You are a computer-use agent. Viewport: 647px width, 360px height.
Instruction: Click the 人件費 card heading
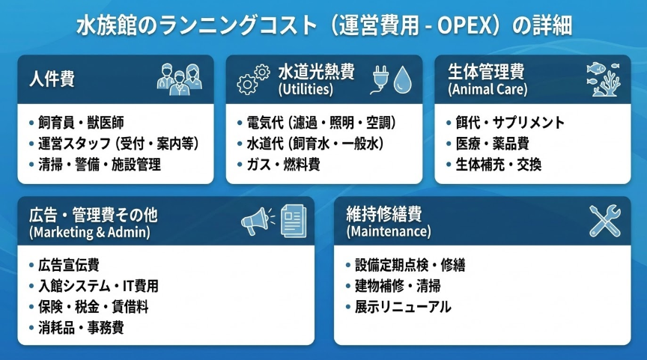coord(52,79)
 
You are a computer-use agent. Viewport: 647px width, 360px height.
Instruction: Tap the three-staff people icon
coord(180,79)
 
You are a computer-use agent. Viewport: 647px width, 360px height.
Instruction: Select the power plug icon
coord(380,79)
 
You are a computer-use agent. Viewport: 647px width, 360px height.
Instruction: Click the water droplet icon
coord(402,80)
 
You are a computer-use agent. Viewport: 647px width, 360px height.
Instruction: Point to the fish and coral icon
coord(604,79)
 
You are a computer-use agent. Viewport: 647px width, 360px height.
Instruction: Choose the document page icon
coord(294,221)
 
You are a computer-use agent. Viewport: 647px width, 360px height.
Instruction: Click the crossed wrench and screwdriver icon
coord(605,221)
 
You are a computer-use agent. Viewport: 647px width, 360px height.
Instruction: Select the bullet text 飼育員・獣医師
coord(81,123)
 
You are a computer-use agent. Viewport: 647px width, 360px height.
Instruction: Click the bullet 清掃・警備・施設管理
coord(100,165)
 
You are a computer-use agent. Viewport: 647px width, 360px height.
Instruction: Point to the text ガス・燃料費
coord(283,165)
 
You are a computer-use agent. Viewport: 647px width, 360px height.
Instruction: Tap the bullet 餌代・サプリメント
coord(510,123)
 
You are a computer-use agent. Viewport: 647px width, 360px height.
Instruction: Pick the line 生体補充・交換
coord(498,165)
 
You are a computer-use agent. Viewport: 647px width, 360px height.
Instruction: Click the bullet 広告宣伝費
coord(68,265)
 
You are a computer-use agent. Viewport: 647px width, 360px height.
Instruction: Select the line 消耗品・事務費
coord(81,328)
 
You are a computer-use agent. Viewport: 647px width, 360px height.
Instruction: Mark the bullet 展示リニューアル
coord(403,307)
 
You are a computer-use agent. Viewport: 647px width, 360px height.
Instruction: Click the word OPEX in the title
coord(464,26)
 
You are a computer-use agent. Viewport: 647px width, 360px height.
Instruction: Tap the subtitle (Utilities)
coord(306,90)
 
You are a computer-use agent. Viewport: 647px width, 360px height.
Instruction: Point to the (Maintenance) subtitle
coord(389,231)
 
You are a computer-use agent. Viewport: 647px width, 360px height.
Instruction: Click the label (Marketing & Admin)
coord(90,232)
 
